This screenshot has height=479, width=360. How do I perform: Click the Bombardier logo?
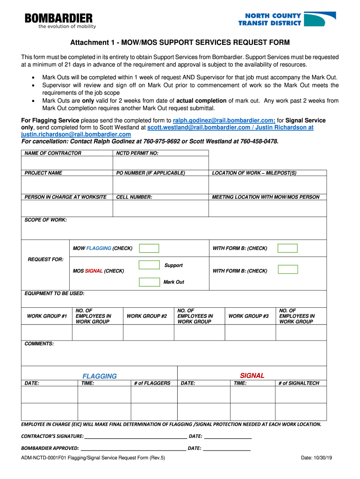58,21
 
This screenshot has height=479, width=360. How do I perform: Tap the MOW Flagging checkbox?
149,248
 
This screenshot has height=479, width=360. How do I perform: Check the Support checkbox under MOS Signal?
149,265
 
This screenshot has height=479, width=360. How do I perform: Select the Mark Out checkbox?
149,282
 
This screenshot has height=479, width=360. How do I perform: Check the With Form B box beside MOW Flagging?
287,248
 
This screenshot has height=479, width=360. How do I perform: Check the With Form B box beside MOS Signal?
287,269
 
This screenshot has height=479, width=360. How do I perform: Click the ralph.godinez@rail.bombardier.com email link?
224,120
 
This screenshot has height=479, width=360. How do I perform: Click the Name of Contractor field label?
53,153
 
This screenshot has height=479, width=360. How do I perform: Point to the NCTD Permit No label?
137,153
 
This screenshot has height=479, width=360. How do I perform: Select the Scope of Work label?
45,219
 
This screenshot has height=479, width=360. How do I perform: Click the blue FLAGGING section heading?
100,376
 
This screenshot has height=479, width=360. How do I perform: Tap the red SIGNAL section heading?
252,376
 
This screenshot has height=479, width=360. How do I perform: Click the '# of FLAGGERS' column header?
152,383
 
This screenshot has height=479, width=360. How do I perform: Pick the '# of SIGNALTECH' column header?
299,383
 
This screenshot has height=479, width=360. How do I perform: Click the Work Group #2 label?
147,316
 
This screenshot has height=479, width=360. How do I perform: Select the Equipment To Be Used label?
54,293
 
